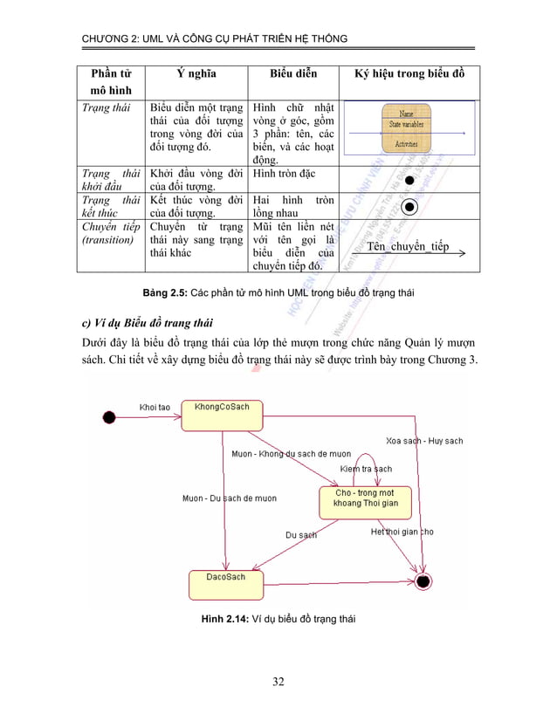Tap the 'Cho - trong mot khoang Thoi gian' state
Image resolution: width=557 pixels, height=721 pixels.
pyautogui.click(x=366, y=499)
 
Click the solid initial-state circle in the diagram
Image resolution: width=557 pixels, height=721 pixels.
pyautogui.click(x=109, y=416)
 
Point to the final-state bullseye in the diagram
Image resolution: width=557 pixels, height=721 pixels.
pyautogui.click(x=424, y=580)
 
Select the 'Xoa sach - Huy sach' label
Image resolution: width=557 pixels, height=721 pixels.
pyautogui.click(x=424, y=441)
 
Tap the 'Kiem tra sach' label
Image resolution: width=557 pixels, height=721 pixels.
pyautogui.click(x=367, y=470)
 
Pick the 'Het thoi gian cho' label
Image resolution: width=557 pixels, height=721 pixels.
pyautogui.click(x=402, y=532)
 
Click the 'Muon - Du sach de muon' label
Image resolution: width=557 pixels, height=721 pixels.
pyautogui.click(x=229, y=498)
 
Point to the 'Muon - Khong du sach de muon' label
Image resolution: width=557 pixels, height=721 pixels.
pyautogui.click(x=291, y=454)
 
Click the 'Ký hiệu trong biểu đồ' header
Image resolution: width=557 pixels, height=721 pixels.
pyautogui.click(x=409, y=73)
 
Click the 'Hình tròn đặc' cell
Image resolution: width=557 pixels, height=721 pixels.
pyautogui.click(x=285, y=173)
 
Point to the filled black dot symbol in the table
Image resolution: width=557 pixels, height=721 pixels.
pyautogui.click(x=409, y=178)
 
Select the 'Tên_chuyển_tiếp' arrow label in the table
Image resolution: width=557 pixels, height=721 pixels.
pyautogui.click(x=409, y=246)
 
